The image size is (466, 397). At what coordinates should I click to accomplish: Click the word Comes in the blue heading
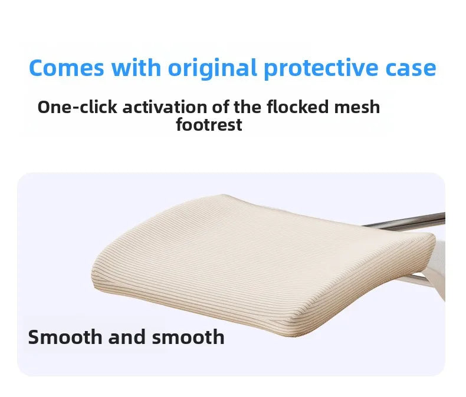click(x=67, y=68)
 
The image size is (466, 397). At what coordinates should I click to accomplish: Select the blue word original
click(x=212, y=69)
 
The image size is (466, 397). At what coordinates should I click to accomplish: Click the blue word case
click(x=411, y=68)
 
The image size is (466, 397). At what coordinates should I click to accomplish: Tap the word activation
click(x=165, y=107)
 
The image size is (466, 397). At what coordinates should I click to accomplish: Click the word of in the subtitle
click(x=220, y=107)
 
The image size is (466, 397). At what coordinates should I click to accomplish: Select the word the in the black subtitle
click(x=248, y=107)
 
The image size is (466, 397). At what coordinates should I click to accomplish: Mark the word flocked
click(x=298, y=107)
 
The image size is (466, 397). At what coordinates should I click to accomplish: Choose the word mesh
click(x=357, y=107)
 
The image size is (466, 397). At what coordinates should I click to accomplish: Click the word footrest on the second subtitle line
click(x=209, y=125)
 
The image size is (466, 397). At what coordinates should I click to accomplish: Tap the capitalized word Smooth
click(x=65, y=337)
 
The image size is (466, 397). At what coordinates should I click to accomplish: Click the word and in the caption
click(x=127, y=337)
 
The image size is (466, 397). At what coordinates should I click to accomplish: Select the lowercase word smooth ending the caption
click(x=188, y=337)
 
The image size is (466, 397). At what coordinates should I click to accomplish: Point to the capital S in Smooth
click(x=34, y=337)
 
